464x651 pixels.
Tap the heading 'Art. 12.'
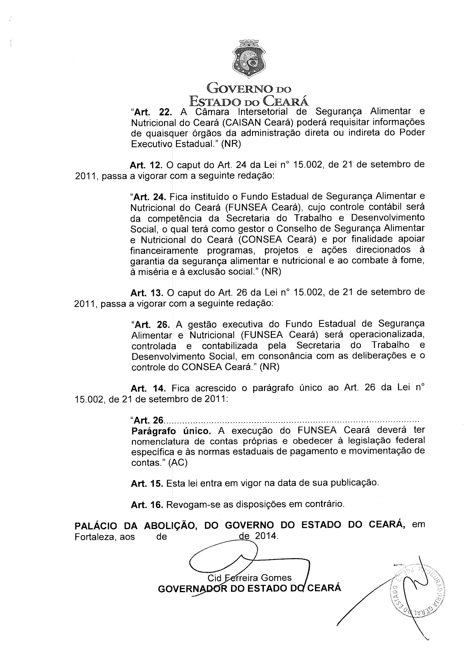click(147, 166)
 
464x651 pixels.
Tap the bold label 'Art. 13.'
click(147, 293)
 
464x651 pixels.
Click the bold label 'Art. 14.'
click(148, 389)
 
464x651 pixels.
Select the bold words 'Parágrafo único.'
click(171, 431)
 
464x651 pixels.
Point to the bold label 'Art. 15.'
click(147, 484)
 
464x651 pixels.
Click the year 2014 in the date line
click(266, 536)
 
